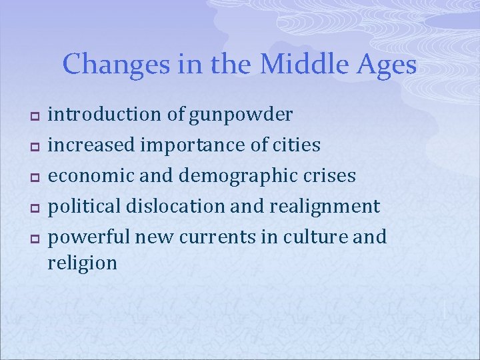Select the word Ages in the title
tap(389, 65)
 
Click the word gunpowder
tap(240, 115)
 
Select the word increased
tap(92, 145)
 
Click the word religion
tap(82, 263)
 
